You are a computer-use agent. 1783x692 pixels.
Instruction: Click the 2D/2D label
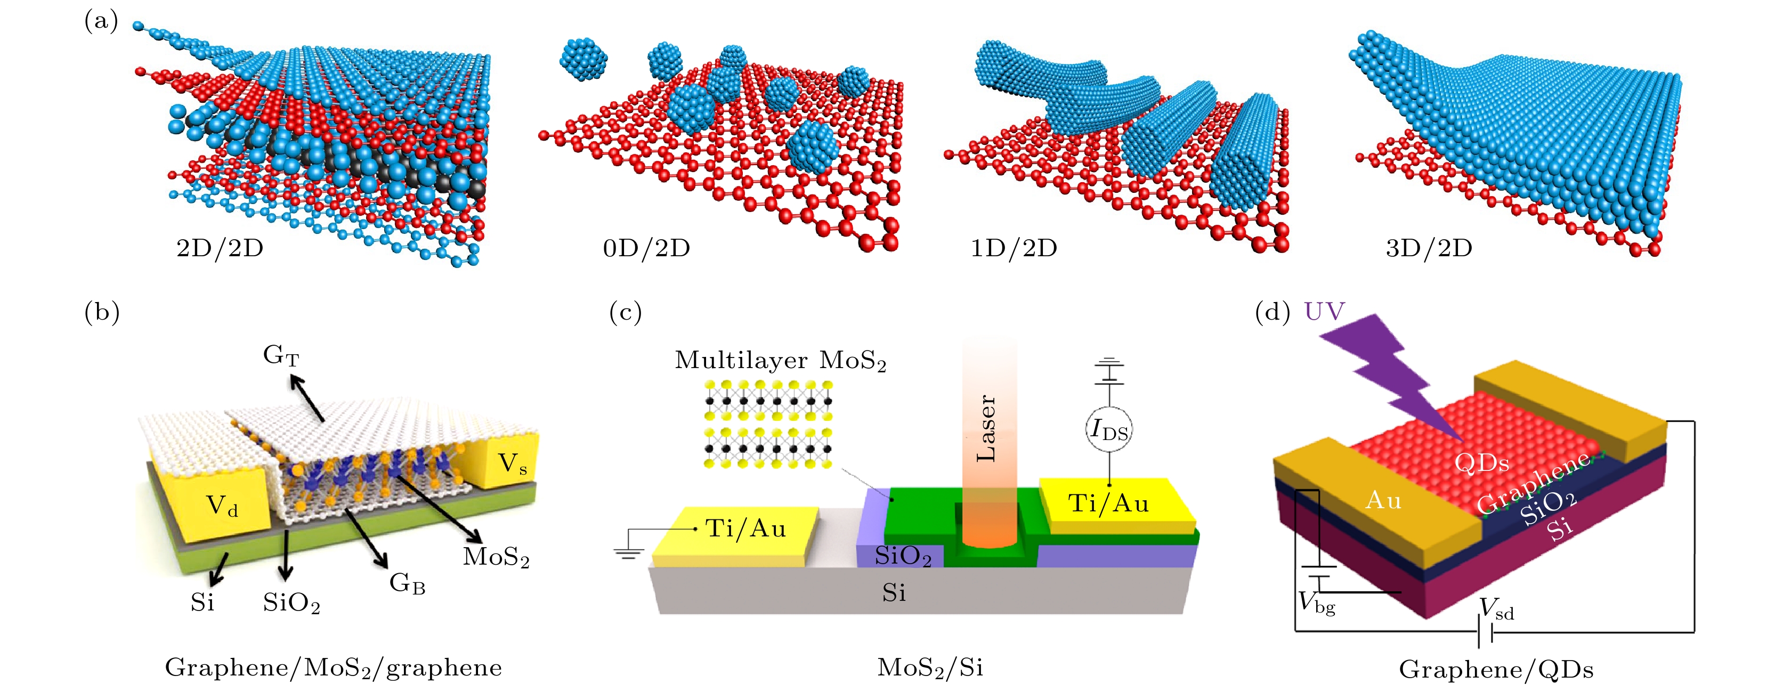[x=220, y=248]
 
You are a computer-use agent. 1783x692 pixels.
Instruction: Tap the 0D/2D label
[x=646, y=248]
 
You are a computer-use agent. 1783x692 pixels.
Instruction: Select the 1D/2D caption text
[x=1014, y=248]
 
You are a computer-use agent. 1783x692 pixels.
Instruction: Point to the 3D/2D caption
[x=1429, y=248]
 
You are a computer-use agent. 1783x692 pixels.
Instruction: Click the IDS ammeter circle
[x=1109, y=430]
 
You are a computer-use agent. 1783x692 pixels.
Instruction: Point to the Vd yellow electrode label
[x=222, y=506]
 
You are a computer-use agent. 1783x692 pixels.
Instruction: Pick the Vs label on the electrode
[x=513, y=463]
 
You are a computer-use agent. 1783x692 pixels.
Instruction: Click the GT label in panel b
[x=281, y=356]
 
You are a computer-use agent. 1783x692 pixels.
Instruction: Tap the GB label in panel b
[x=407, y=583]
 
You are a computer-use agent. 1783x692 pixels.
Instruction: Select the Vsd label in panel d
[x=1496, y=609]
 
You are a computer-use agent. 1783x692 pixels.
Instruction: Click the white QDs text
[x=1481, y=462]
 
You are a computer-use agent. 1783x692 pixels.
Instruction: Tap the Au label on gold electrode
[x=1383, y=500]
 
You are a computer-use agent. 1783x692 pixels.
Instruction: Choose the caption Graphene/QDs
[x=1496, y=669]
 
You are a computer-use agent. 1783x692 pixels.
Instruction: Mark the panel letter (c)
[x=625, y=313]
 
